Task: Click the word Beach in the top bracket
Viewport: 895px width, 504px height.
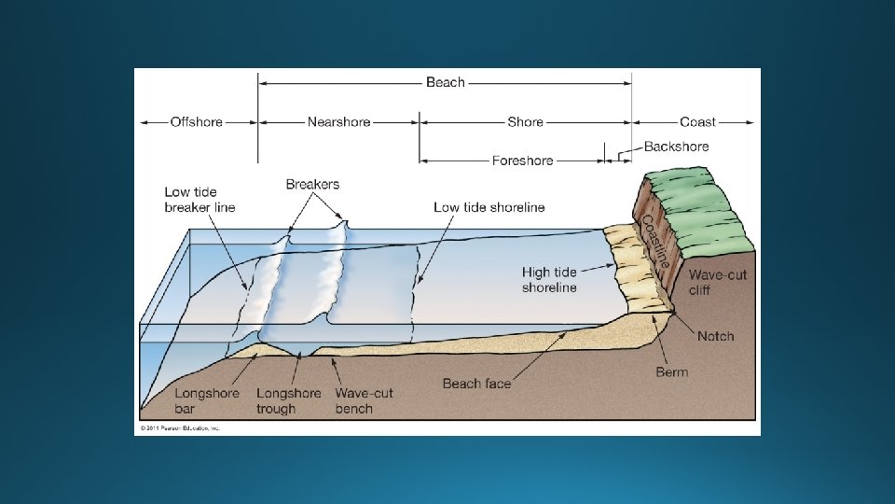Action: coord(445,83)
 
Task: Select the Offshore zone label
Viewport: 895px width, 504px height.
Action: coord(197,122)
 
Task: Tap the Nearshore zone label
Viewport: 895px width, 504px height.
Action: coord(338,122)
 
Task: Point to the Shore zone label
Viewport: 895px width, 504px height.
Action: coord(525,122)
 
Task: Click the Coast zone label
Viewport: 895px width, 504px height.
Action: coord(697,122)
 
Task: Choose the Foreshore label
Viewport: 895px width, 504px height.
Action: coord(522,161)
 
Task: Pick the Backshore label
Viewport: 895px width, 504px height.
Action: coord(676,147)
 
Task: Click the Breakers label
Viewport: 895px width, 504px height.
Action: coord(312,184)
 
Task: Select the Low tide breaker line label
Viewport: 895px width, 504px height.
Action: coord(200,200)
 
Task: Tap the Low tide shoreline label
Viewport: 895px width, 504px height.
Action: coord(489,207)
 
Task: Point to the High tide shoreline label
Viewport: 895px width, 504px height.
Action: coord(549,280)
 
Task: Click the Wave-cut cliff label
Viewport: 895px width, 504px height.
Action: coord(712,283)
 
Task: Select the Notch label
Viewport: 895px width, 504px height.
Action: coord(716,336)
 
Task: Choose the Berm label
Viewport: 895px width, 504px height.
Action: coord(671,371)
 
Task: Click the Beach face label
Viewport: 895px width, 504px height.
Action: coord(476,384)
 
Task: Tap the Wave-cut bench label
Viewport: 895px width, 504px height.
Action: coord(365,400)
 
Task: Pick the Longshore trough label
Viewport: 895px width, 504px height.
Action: coord(289,400)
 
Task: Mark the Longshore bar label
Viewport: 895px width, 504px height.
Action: coord(207,400)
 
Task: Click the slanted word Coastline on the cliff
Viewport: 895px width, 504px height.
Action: coord(654,242)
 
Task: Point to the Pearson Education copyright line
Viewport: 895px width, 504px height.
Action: coord(178,428)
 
